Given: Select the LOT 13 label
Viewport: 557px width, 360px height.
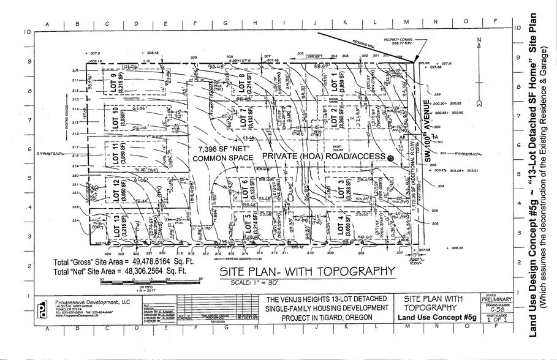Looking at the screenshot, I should click(x=116, y=224).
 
